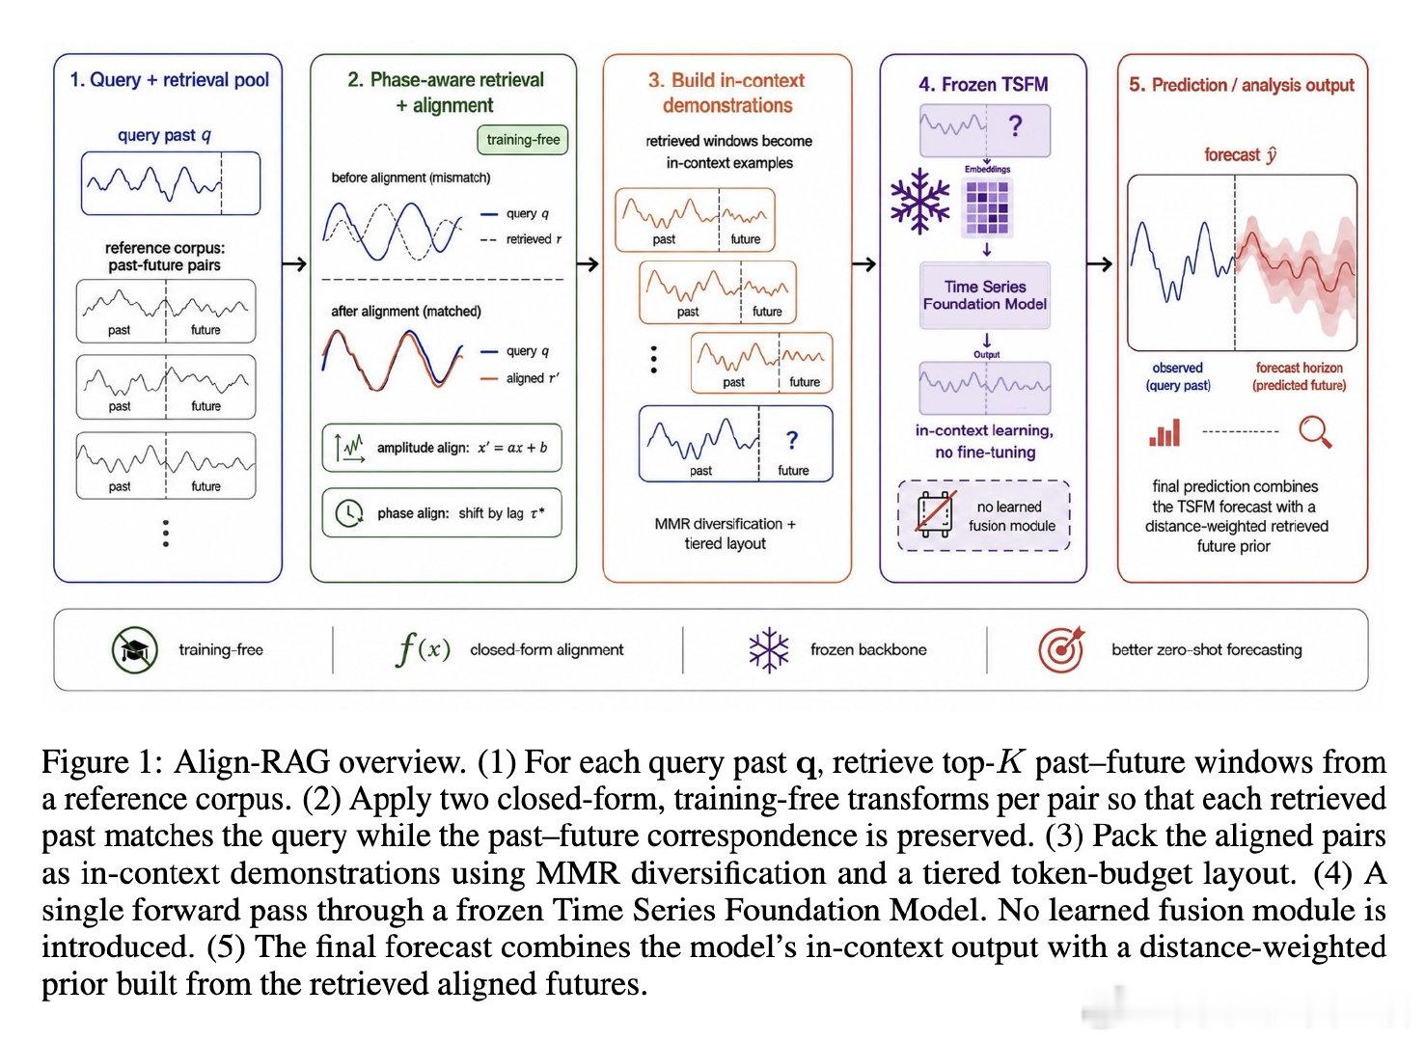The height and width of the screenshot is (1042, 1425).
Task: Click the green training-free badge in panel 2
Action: (x=522, y=139)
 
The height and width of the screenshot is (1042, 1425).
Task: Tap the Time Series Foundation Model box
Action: (x=985, y=295)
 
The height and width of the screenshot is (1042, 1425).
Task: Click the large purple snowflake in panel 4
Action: (x=920, y=201)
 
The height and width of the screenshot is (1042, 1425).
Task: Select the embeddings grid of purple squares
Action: (x=987, y=208)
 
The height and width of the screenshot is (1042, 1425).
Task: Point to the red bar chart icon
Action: (x=1165, y=432)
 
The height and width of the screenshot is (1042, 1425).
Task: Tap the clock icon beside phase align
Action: (x=348, y=512)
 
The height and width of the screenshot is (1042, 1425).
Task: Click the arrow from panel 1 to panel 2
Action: (x=294, y=263)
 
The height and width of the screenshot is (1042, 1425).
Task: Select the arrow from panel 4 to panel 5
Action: (x=1100, y=263)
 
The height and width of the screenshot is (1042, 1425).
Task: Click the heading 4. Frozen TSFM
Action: (x=983, y=85)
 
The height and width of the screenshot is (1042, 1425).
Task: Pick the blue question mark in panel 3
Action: (x=792, y=440)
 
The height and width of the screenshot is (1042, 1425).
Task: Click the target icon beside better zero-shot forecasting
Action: (x=1061, y=649)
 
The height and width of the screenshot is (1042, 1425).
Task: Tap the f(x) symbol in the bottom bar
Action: (x=422, y=649)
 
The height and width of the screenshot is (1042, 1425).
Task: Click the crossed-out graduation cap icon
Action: (x=134, y=649)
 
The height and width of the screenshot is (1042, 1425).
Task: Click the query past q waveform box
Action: (x=171, y=183)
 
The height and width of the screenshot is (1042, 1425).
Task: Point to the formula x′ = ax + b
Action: (x=512, y=448)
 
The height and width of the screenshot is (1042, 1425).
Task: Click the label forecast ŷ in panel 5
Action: (x=1241, y=154)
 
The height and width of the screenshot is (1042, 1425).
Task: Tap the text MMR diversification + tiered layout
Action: (x=726, y=534)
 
